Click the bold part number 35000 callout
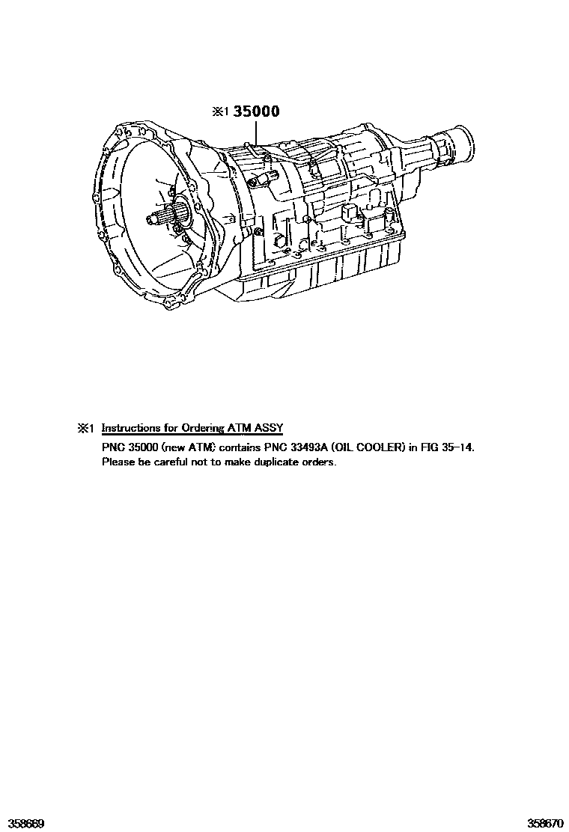click(257, 111)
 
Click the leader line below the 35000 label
click(256, 133)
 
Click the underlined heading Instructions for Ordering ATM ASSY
click(192, 428)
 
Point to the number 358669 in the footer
click(22, 823)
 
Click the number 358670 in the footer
click(546, 823)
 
